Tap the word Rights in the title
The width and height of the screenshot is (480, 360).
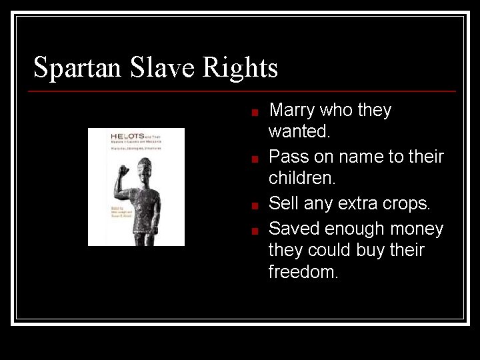240,68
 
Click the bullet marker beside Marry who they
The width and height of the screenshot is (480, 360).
255,113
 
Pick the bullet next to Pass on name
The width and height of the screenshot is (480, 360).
255,159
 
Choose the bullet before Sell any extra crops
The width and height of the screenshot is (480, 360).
255,205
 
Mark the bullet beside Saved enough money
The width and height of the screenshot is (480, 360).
255,231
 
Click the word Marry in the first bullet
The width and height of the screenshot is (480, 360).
291,110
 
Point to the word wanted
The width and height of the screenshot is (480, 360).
299,131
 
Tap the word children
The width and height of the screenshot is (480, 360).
301,179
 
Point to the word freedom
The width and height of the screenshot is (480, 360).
303,272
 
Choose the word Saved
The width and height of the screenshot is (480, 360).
293,229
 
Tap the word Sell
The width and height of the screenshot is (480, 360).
283,203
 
